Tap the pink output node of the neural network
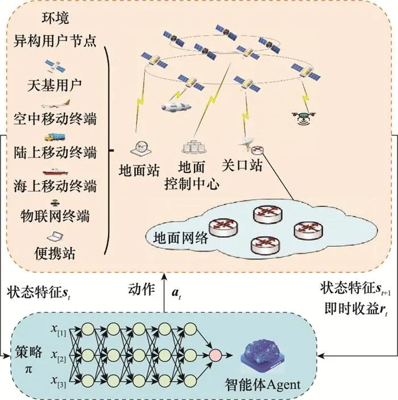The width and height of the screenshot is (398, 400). click(x=215, y=356)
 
